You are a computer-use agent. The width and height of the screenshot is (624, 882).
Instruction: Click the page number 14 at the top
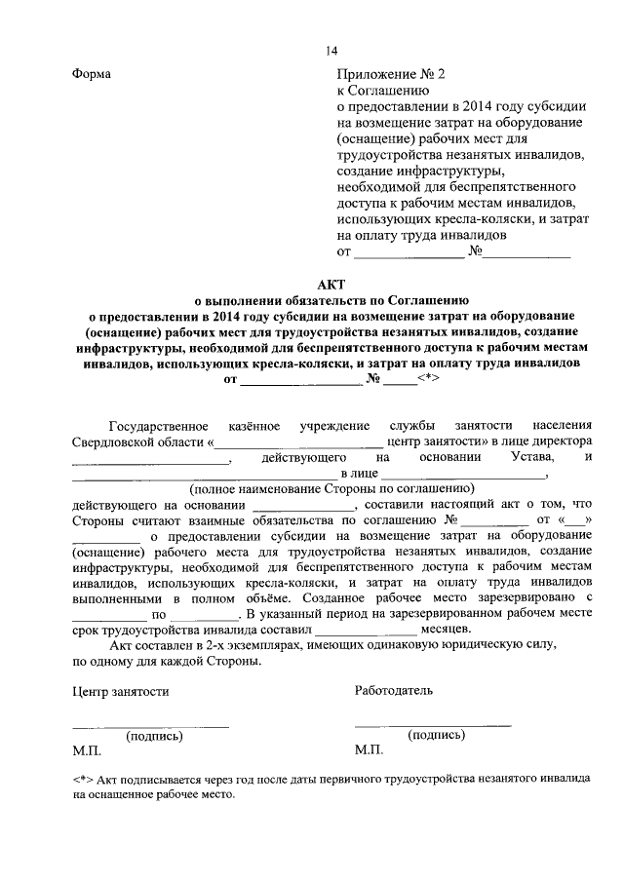(331, 52)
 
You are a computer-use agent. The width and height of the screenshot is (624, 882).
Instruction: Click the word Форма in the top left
(92, 74)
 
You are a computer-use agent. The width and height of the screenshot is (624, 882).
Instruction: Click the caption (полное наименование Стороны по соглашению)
(331, 487)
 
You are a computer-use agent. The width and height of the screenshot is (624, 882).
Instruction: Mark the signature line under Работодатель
(433, 724)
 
